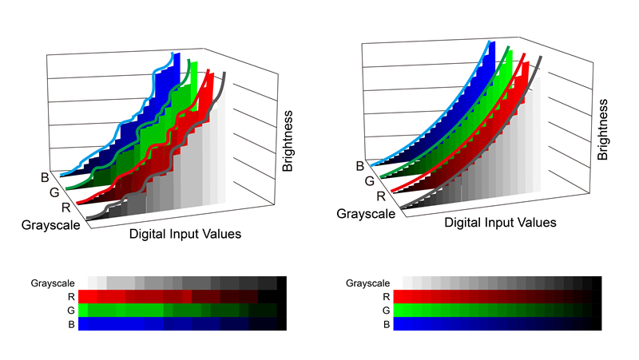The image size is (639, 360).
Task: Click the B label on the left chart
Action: click(x=44, y=178)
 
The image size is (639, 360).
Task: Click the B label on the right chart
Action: click(x=359, y=166)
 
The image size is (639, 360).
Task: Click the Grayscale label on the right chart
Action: click(x=367, y=213)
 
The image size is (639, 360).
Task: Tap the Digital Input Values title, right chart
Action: click(x=500, y=223)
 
